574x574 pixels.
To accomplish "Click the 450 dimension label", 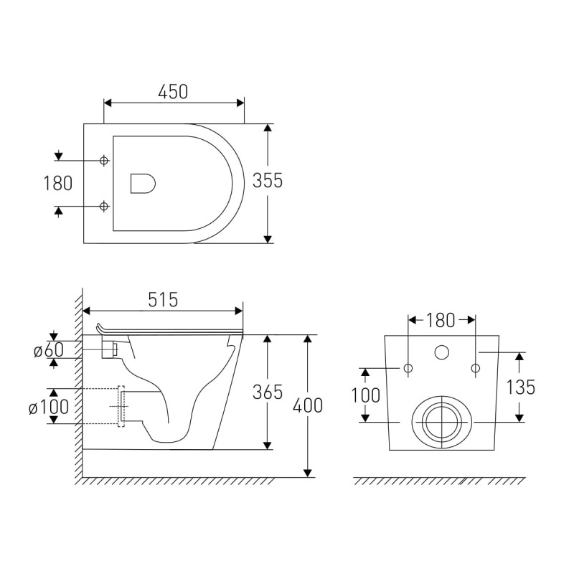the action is coord(173,92).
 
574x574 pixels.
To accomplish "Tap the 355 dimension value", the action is coord(268,181).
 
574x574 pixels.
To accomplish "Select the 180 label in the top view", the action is coord(58,184).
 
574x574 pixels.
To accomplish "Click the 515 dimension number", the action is coord(163,300).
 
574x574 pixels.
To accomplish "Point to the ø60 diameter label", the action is coord(49,349).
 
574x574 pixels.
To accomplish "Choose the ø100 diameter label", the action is coord(49,406).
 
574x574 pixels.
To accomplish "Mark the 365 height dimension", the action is coord(268,392).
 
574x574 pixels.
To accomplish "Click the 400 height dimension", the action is coord(308,405).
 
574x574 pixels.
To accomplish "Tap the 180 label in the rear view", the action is coord(441,321).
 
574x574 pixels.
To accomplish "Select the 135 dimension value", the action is coord(521,387).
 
